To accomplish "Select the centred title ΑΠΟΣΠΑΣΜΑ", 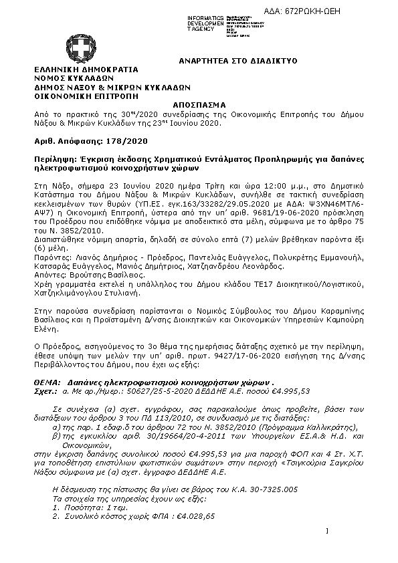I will (199, 105).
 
